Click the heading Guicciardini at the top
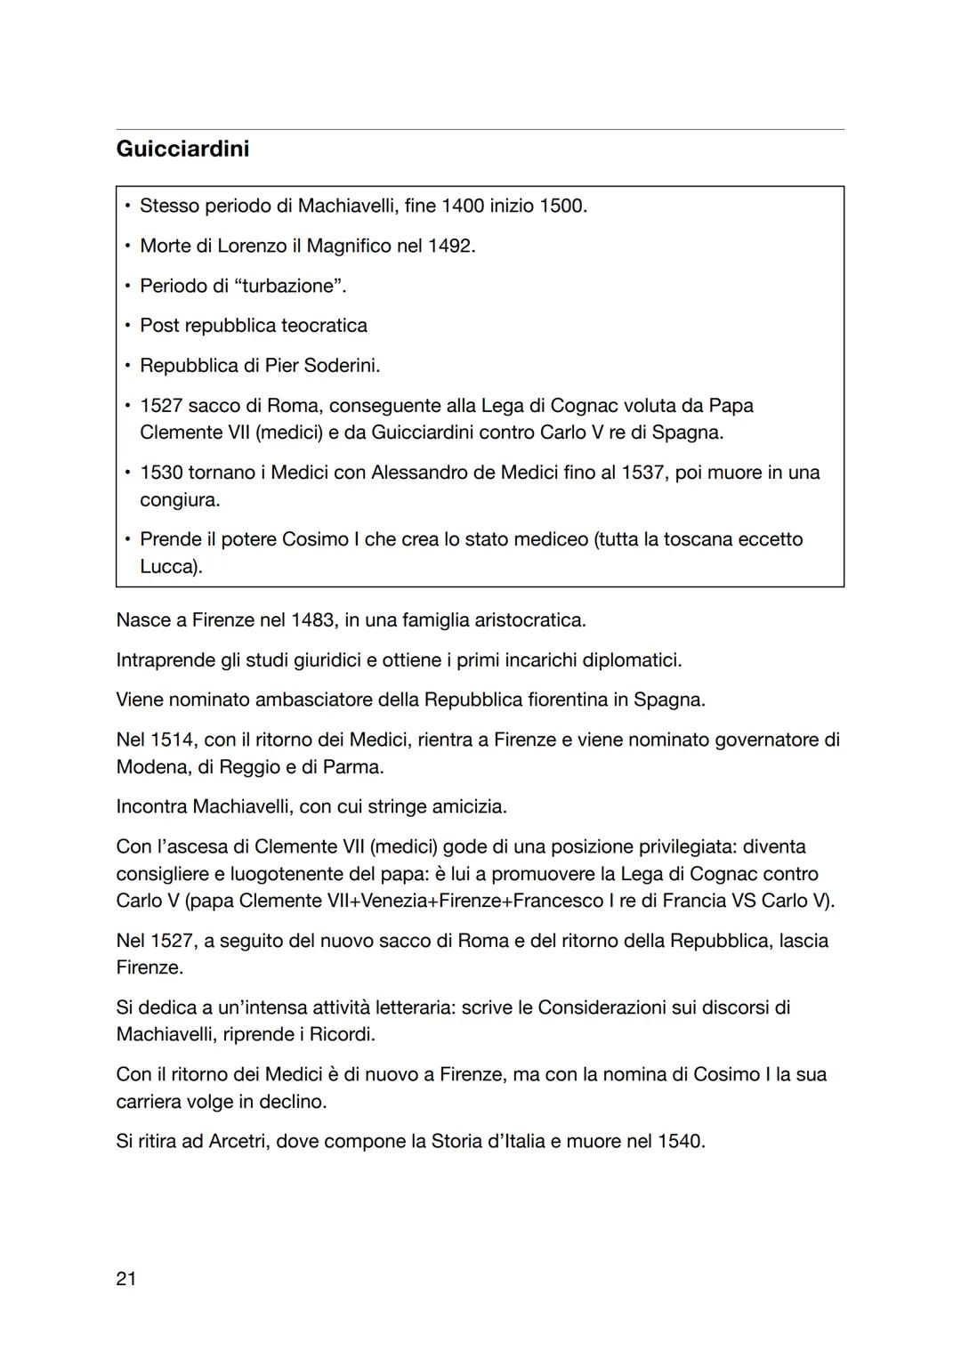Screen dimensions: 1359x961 coord(182,149)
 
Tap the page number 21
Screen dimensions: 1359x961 coord(126,1279)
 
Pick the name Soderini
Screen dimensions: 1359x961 coord(342,366)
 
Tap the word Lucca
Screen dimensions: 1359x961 coord(168,567)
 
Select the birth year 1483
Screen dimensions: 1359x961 coord(313,619)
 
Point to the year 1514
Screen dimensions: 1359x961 coord(172,740)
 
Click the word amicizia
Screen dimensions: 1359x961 coord(468,806)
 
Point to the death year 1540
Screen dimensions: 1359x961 coord(679,1141)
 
